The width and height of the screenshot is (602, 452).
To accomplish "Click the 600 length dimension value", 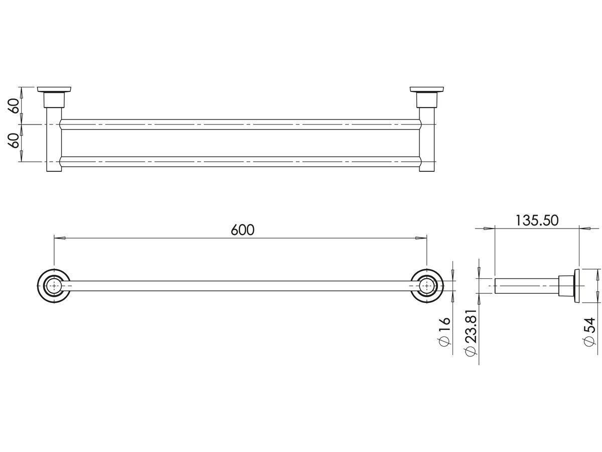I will point(243,230).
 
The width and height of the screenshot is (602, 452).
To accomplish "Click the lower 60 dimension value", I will point(15,143).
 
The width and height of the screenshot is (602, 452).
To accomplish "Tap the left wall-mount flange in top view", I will point(54,90).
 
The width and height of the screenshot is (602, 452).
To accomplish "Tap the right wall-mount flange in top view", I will point(427,90).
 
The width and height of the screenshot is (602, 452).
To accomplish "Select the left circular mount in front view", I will point(54,286).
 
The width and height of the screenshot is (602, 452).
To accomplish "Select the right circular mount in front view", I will point(427,286).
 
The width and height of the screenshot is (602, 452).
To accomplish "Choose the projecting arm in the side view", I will point(527,286).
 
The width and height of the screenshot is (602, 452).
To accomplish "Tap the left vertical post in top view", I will point(54,146).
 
